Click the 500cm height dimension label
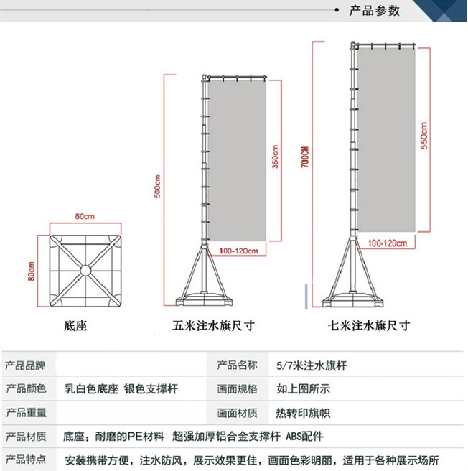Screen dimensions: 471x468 pos(158,187)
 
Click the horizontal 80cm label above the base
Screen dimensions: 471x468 pos(84,216)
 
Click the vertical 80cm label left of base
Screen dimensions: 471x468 pos(32,271)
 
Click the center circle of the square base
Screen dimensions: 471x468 pos(85,271)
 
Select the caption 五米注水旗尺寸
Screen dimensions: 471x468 pos(214,325)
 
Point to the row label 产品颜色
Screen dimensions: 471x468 pos(26,389)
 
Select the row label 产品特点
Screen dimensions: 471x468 pos(26,460)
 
